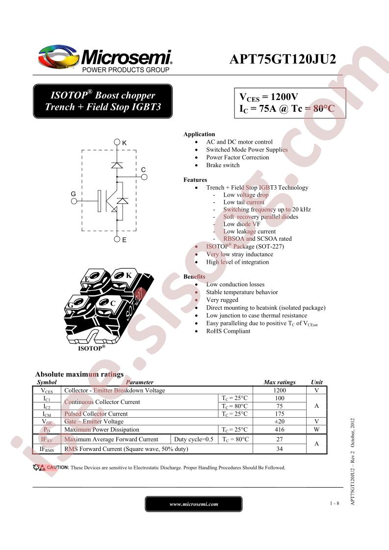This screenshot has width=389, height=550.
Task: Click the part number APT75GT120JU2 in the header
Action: pyautogui.click(x=283, y=59)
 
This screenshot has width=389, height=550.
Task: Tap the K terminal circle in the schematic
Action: pyautogui.click(x=117, y=142)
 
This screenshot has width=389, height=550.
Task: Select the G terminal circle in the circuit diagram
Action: pyautogui.click(x=74, y=201)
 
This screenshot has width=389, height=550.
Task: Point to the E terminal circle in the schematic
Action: pyautogui.click(x=117, y=239)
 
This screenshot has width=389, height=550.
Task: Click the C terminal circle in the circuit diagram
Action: pyautogui.click(x=144, y=177)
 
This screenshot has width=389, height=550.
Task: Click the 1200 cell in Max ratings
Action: pyautogui.click(x=280, y=390)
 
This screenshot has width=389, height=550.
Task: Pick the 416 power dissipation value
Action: pyautogui.click(x=280, y=429)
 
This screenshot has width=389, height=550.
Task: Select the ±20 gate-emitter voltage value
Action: pyautogui.click(x=280, y=421)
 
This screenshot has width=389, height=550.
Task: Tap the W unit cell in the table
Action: pyautogui.click(x=317, y=429)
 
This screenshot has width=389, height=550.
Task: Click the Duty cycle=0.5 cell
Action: pyautogui.click(x=194, y=439)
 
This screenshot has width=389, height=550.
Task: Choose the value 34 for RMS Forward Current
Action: pyautogui.click(x=280, y=449)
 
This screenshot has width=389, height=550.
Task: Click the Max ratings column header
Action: pyautogui.click(x=280, y=382)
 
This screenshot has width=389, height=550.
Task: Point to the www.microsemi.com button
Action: pyautogui.click(x=193, y=504)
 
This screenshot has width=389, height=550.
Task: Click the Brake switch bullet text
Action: pyautogui.click(x=223, y=165)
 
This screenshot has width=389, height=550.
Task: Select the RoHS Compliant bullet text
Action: pyautogui.click(x=228, y=331)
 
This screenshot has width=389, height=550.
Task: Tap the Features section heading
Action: pyautogui.click(x=195, y=179)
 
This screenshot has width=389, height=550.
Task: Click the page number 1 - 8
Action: pyautogui.click(x=334, y=503)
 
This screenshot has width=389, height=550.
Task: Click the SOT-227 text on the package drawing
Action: pyautogui.click(x=136, y=303)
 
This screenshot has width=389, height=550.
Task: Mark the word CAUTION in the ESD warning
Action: pyautogui.click(x=57, y=467)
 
